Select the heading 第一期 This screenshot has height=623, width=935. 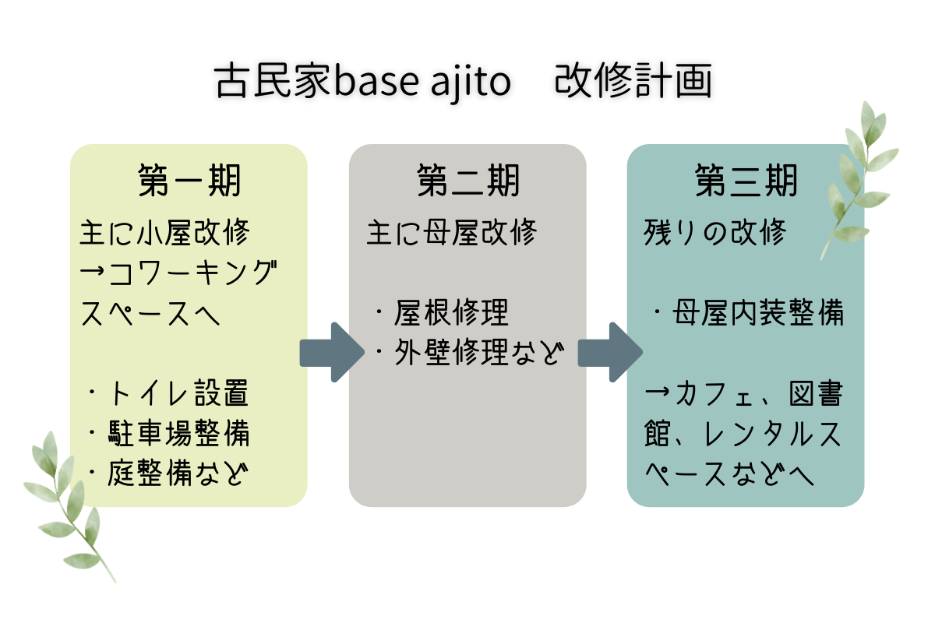coord(189,181)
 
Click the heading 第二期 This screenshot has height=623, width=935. coord(467,181)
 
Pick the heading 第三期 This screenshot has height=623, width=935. coord(746,181)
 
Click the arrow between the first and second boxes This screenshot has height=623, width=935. coord(331,352)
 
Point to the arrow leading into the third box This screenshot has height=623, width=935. coord(609,352)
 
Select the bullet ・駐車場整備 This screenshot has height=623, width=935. coord(168,434)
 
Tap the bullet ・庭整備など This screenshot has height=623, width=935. coord(168,473)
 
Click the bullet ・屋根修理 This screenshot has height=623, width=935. coord(440,313)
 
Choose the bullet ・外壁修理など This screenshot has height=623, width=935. coord(467,354)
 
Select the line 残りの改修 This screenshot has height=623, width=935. coord(714,232)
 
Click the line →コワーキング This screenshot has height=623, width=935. coord(179,273)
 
